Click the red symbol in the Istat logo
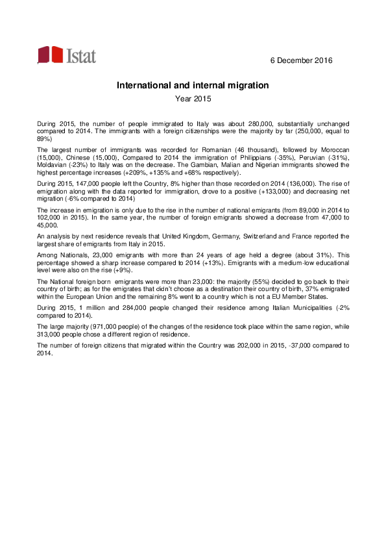tap(51, 55)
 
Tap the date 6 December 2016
tap(300, 60)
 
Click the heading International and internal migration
tap(193, 85)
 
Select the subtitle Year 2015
tap(193, 99)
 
